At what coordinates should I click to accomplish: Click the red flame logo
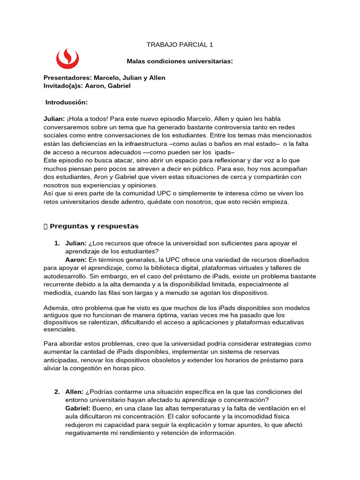pos(67,58)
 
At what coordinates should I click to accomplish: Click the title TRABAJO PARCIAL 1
pos(180,45)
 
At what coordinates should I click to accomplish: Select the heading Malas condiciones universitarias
pos(180,61)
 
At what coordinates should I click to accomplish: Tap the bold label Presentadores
pos(67,78)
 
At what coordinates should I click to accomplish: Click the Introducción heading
pos(67,102)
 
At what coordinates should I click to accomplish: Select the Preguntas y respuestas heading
pos(94,226)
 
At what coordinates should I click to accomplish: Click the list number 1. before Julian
pos(57,243)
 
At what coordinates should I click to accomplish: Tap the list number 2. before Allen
pos(57,392)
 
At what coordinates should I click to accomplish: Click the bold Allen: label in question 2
pos(75,392)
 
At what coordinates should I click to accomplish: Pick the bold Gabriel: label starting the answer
pos(78,409)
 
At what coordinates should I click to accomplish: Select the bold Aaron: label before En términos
pos(76,260)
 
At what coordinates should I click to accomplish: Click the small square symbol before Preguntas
pos(45,227)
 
